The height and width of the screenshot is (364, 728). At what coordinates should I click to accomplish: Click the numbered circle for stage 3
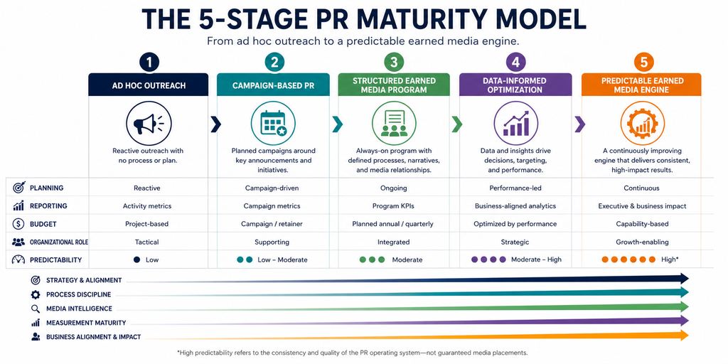click(x=394, y=63)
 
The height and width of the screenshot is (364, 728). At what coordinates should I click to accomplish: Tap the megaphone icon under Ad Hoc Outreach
click(x=149, y=124)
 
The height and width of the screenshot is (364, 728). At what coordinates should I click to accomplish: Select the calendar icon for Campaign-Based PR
click(x=273, y=124)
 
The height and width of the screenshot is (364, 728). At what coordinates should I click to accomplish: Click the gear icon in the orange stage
click(x=643, y=124)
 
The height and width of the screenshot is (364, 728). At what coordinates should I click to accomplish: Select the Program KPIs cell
click(x=392, y=205)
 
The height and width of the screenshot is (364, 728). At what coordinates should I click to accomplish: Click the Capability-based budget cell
click(x=642, y=224)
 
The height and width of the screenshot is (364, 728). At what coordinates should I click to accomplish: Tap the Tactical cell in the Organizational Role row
click(x=146, y=242)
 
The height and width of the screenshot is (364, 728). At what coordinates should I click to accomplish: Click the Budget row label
click(x=43, y=224)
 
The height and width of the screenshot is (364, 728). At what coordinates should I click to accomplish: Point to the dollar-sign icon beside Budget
click(x=18, y=224)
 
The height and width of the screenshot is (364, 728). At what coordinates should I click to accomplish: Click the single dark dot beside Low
click(x=136, y=260)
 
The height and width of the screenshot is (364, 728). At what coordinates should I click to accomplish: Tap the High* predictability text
click(x=670, y=259)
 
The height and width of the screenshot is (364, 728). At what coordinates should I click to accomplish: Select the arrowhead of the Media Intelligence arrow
click(x=684, y=306)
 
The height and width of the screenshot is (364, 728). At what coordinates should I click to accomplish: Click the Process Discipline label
click(x=78, y=294)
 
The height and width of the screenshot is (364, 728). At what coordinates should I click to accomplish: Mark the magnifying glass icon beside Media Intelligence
click(x=36, y=309)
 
